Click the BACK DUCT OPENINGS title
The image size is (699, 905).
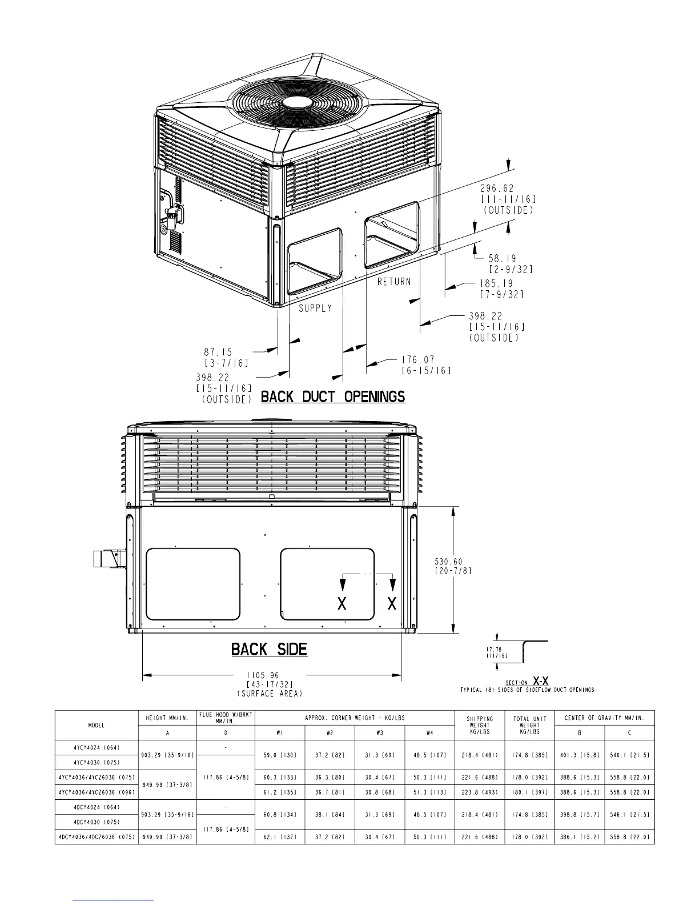point(333,397)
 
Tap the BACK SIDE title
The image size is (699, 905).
point(270,649)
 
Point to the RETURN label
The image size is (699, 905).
point(394,282)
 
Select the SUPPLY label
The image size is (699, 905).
point(316,308)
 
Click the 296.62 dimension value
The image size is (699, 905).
point(497,189)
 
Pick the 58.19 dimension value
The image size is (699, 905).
point(502,259)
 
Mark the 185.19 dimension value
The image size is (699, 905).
point(497,283)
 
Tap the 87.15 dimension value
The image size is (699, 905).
point(218,353)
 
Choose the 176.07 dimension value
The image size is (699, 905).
point(418,359)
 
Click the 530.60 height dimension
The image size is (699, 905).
point(449,562)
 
